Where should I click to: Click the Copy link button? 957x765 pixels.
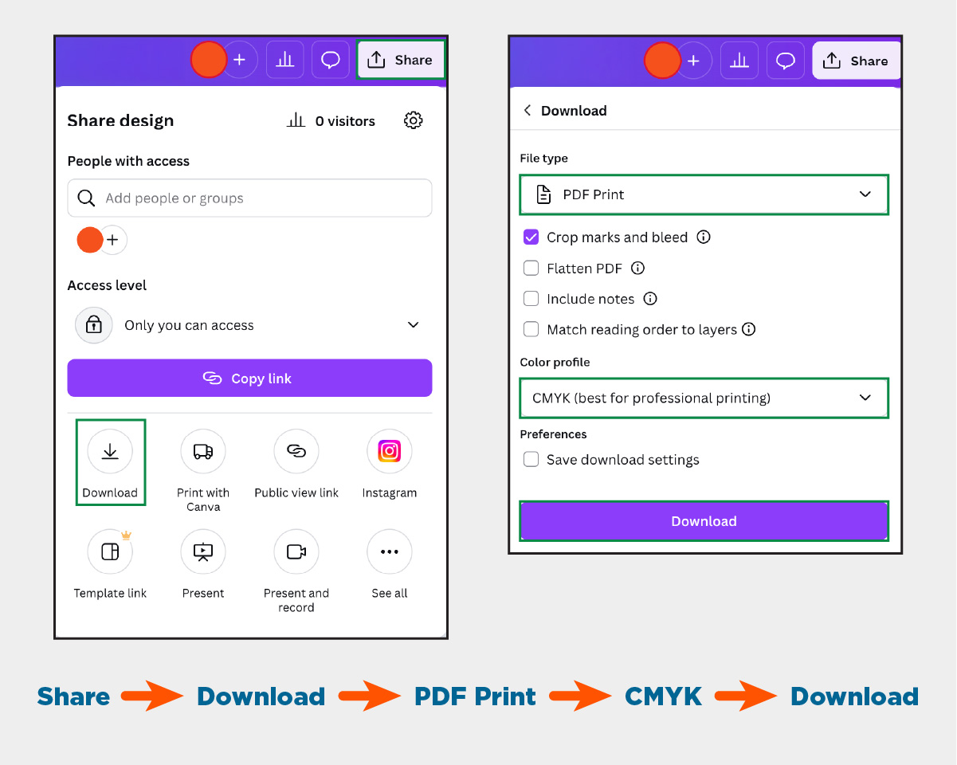tap(249, 378)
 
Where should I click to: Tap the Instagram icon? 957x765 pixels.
tap(389, 451)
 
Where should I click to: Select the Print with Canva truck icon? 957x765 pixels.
tap(202, 451)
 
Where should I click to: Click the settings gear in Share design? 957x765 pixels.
tap(413, 120)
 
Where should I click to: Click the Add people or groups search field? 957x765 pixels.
tap(249, 198)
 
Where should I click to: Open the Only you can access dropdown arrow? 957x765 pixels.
tap(413, 324)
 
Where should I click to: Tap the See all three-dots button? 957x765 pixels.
tap(389, 551)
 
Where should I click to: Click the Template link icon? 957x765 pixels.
tap(110, 551)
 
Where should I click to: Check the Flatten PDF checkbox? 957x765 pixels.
tap(531, 269)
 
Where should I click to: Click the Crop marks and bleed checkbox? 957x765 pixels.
tap(531, 237)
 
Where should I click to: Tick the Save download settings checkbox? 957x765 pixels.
tap(531, 459)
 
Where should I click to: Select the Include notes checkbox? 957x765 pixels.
tap(531, 299)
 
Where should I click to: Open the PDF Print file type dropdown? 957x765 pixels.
tap(704, 194)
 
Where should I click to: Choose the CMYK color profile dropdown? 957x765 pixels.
tap(704, 398)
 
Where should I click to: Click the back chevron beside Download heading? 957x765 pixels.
tap(528, 110)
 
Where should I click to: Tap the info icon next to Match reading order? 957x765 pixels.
tap(749, 329)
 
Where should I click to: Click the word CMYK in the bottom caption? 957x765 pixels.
tap(663, 696)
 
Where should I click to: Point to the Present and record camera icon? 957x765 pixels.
tap(296, 551)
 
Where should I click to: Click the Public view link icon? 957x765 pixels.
tap(296, 451)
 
